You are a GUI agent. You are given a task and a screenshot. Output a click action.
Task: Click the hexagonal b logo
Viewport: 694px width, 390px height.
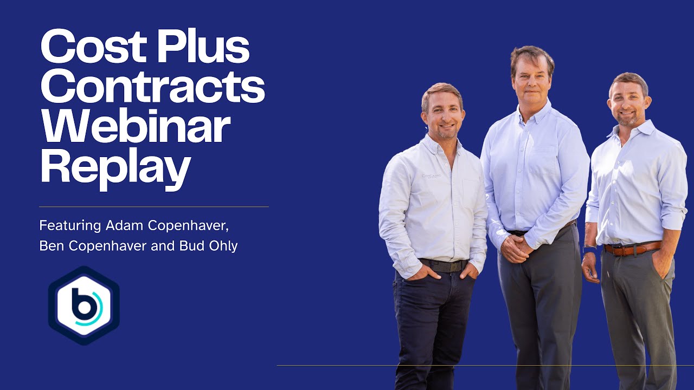pyautogui.click(x=84, y=305)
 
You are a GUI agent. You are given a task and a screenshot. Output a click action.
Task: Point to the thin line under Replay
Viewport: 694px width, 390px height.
pyautogui.click(x=153, y=206)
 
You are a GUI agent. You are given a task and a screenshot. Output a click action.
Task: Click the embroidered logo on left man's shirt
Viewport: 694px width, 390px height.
pyautogui.click(x=432, y=176)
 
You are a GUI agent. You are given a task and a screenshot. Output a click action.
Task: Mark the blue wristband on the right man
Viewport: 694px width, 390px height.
pyautogui.click(x=589, y=250)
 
